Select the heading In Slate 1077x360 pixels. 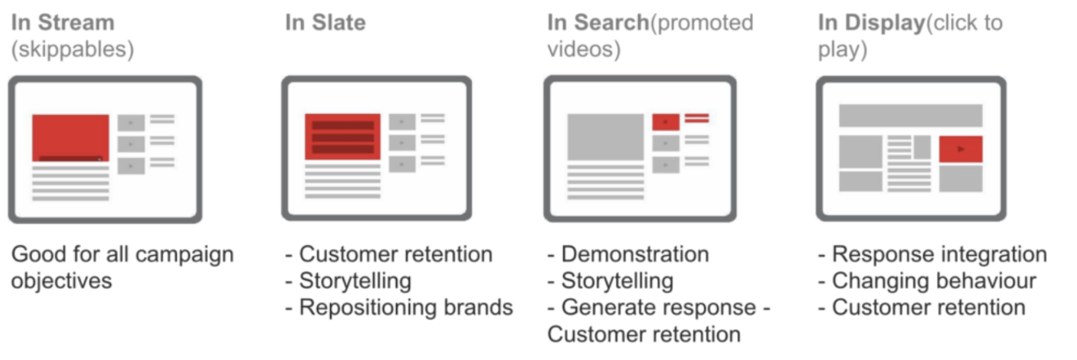pyautogui.click(x=325, y=22)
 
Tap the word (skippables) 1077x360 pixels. pyautogui.click(x=72, y=50)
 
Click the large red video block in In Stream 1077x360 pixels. pyautogui.click(x=70, y=137)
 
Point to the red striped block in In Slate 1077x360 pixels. pyautogui.click(x=342, y=136)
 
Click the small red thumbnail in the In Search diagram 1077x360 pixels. pyautogui.click(x=665, y=122)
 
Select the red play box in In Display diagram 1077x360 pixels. pyautogui.click(x=960, y=149)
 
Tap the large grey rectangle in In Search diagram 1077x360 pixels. pyautogui.click(x=605, y=136)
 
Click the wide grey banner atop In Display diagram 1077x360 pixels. pyautogui.click(x=910, y=115)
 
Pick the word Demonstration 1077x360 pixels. pyautogui.click(x=635, y=255)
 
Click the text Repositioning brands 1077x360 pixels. pyautogui.click(x=405, y=308)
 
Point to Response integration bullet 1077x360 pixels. pyautogui.click(x=939, y=255)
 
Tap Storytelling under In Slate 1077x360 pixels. pyautogui.click(x=355, y=282)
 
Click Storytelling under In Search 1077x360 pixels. pyautogui.click(x=617, y=282)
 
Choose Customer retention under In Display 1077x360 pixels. pyautogui.click(x=929, y=308)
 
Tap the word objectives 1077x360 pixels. pyautogui.click(x=62, y=282)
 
